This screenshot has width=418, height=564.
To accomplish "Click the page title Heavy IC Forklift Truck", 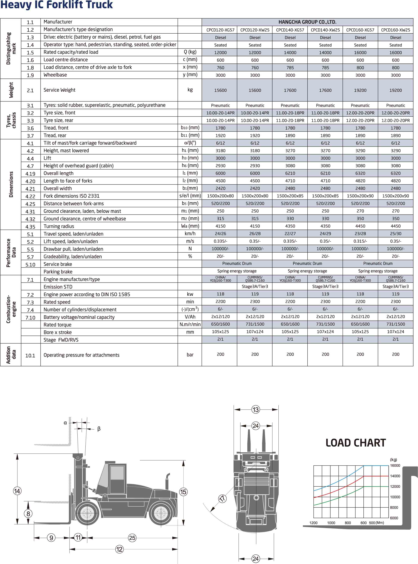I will point(56,5).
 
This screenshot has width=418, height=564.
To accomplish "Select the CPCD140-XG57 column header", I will point(290,30).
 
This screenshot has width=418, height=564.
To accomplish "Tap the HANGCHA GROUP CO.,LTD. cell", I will point(307,22).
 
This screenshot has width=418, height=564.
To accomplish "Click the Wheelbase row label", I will point(55,75).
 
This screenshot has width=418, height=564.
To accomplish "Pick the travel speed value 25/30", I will point(396,234).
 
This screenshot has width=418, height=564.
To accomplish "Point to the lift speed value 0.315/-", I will point(360,241).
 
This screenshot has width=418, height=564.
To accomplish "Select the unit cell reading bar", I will point(190,355).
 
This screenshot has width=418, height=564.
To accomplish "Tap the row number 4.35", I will point(30,227).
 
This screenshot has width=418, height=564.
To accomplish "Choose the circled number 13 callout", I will point(256,409).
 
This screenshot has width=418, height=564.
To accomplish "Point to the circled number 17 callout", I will point(222,499).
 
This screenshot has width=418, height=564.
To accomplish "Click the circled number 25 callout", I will point(132,538).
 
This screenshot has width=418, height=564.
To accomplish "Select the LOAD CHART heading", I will point(356,443).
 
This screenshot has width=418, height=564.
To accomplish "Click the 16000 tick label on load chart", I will point(395,466).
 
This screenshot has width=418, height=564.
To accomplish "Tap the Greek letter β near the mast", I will point(99,429).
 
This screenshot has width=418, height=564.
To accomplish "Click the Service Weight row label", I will point(60,90).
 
